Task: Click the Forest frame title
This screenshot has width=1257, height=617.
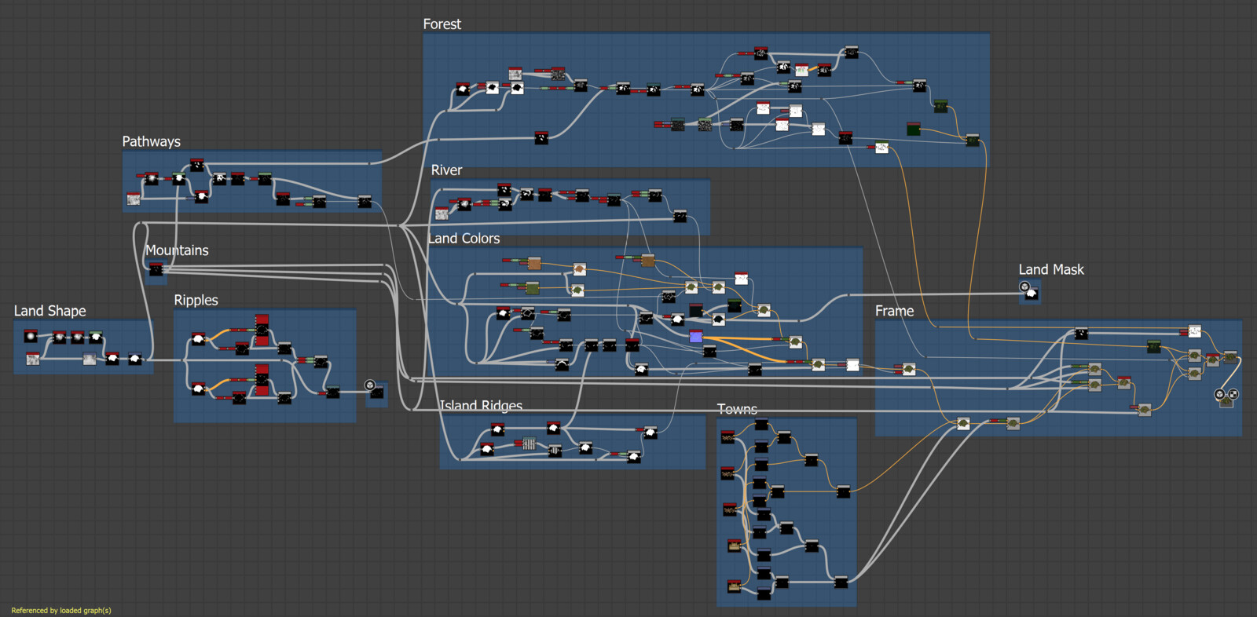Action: [442, 24]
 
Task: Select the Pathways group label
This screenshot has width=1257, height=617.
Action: [151, 141]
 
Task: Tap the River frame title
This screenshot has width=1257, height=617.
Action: [446, 170]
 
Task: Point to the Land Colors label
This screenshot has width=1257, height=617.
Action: [464, 239]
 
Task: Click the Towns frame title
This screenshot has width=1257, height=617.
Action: [737, 409]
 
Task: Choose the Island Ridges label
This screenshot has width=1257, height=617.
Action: [481, 405]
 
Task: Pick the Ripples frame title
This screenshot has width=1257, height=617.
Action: [196, 300]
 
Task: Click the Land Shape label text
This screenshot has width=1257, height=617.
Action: [49, 311]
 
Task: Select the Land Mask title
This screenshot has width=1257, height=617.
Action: [1051, 269]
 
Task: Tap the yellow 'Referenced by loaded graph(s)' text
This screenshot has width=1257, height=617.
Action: [61, 610]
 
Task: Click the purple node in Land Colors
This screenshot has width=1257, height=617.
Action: [695, 337]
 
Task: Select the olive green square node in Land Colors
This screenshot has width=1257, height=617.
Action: [533, 288]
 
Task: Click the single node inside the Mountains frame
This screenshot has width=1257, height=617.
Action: [156, 270]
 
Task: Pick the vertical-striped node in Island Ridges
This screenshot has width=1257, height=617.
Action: [529, 444]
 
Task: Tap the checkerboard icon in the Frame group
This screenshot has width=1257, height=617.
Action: [1233, 394]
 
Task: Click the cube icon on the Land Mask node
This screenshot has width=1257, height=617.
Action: [1024, 287]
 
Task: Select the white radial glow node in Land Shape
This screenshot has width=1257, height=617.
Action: [31, 336]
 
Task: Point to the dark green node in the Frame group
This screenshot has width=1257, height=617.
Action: [1153, 346]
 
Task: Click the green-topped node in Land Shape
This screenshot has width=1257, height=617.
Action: [96, 337]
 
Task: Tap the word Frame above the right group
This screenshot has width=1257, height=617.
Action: [894, 311]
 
